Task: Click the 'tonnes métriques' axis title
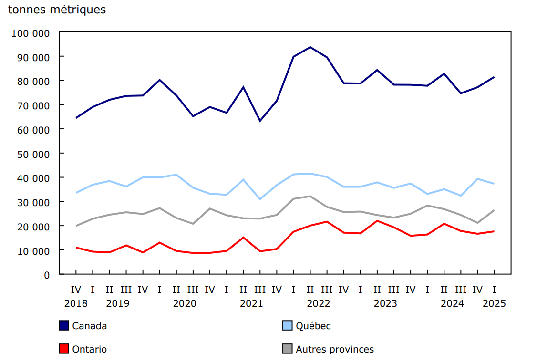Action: (x=57, y=10)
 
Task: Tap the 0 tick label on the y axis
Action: (x=46, y=275)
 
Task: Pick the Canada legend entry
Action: (x=89, y=326)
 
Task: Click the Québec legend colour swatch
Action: (x=287, y=326)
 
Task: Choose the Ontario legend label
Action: (x=89, y=349)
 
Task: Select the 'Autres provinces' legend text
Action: (x=334, y=349)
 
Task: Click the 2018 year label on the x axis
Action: (x=76, y=303)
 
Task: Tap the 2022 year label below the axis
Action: (x=318, y=303)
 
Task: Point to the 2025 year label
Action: (x=494, y=303)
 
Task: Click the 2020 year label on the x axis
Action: (x=185, y=303)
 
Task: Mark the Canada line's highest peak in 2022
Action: (x=310, y=47)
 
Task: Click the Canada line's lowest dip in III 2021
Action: (x=260, y=121)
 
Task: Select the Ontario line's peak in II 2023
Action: (x=377, y=220)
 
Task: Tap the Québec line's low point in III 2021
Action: (x=260, y=199)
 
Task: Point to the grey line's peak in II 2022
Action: (x=310, y=196)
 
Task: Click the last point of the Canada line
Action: (x=494, y=77)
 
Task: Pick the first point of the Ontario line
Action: (x=76, y=248)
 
